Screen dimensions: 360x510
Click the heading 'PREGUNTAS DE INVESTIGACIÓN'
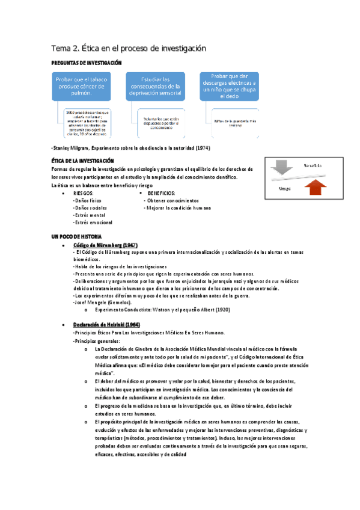point(87,63)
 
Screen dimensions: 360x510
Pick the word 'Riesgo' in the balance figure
point(285,188)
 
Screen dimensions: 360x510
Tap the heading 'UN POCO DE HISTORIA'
point(77,236)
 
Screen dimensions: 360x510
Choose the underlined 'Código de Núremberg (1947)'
point(106,246)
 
